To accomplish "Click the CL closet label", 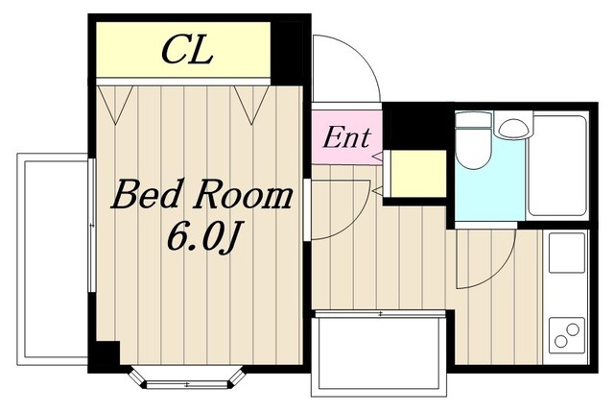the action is tap(187, 50).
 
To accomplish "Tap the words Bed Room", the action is tap(202, 194).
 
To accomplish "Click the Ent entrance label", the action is tap(346, 137).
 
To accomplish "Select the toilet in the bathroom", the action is tap(473, 140).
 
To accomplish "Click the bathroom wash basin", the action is tap(513, 125).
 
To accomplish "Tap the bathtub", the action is tap(557, 164).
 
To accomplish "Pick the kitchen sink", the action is tap(567, 253).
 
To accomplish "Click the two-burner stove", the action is tap(567, 334).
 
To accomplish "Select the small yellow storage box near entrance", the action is tap(418, 174).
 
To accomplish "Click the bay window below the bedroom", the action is tap(187, 378).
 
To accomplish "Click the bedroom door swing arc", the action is tap(357, 221).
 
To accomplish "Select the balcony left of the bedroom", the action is tap(53, 259).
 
